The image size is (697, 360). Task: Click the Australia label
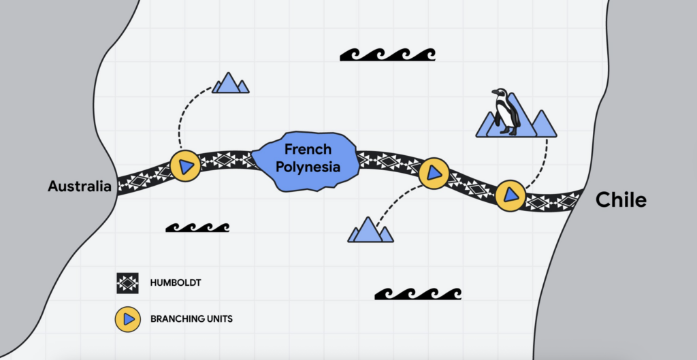[79, 186]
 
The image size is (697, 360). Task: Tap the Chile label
[621, 199]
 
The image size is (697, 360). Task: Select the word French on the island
[308, 150]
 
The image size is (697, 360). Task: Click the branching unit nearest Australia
[185, 165]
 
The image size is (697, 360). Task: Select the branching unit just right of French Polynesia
[434, 174]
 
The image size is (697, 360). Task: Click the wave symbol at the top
[387, 54]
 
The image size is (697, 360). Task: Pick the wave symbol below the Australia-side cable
[197, 227]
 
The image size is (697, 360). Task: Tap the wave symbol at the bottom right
[417, 293]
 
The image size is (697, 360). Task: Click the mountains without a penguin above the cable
[230, 83]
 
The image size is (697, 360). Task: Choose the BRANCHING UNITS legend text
[186, 318]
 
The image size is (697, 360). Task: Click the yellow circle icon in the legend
[127, 318]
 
